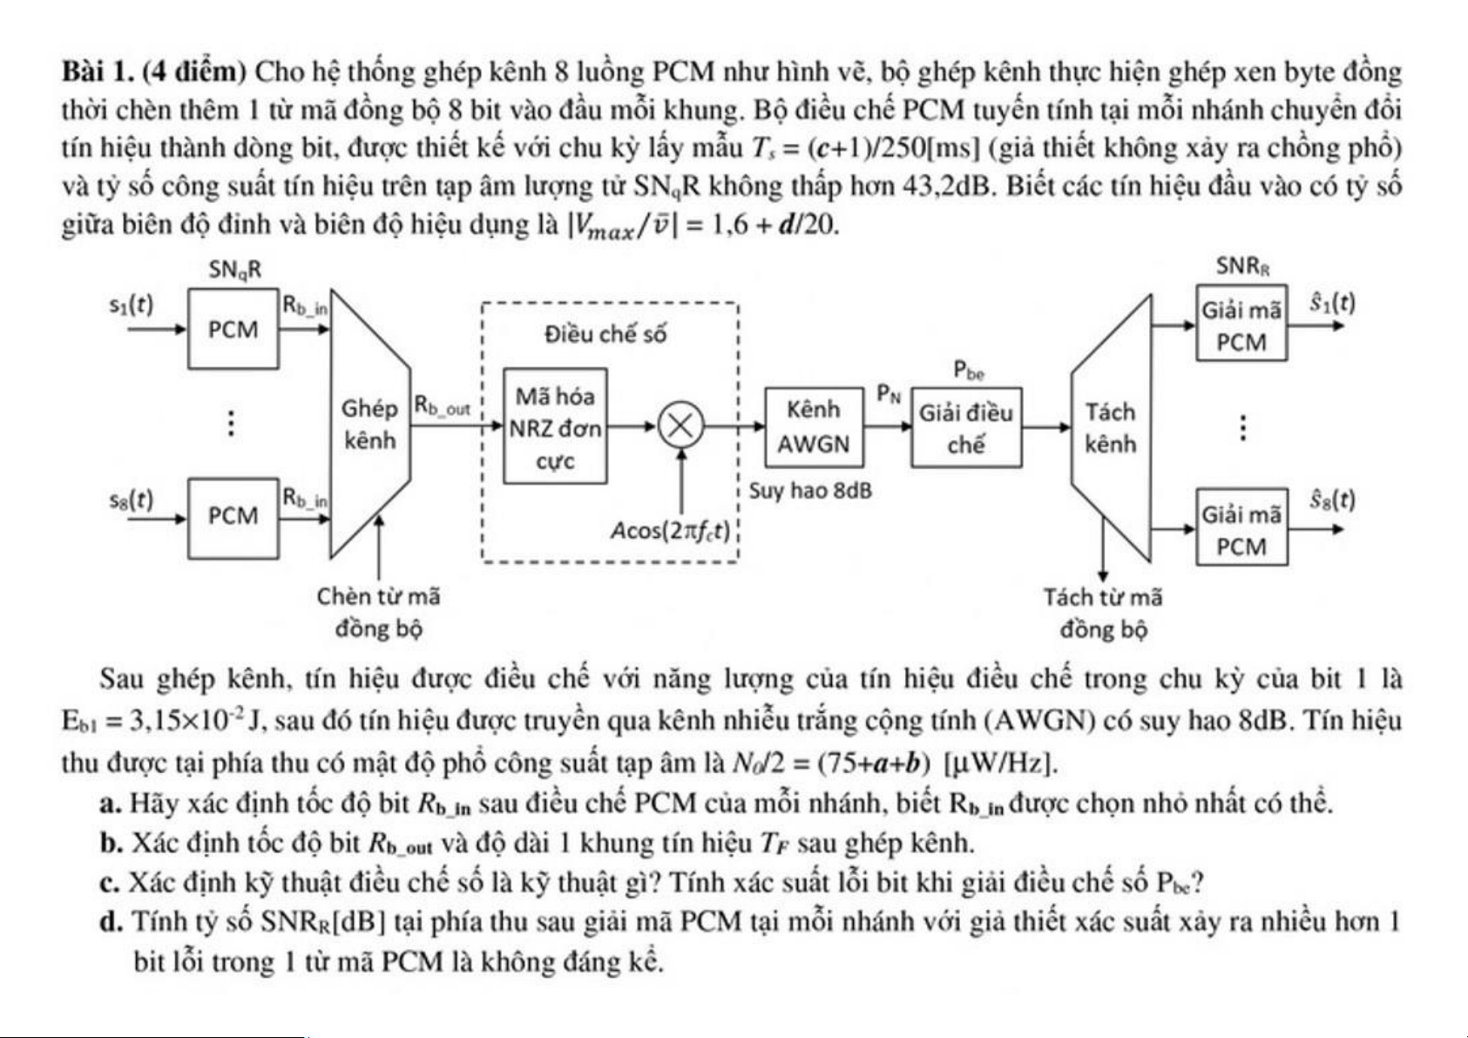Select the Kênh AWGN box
pyautogui.click(x=814, y=426)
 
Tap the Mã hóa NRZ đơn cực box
pyautogui.click(x=555, y=427)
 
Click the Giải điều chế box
pyautogui.click(x=966, y=428)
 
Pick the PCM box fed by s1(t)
pyautogui.click(x=233, y=329)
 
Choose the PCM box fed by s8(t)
pyautogui.click(x=233, y=516)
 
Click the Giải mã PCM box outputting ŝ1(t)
pyautogui.click(x=1241, y=326)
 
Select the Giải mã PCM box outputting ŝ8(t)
pyautogui.click(x=1241, y=529)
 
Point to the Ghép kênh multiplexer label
pyautogui.click(x=369, y=424)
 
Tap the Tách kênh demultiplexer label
pyautogui.click(x=1111, y=427)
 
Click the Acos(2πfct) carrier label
pyautogui.click(x=670, y=530)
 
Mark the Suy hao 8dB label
pyautogui.click(x=810, y=491)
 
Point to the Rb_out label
pyautogui.click(x=442, y=406)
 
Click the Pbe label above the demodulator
pyautogui.click(x=969, y=371)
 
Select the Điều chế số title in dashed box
pyautogui.click(x=605, y=334)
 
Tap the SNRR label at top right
pyautogui.click(x=1242, y=267)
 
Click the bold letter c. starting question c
pyautogui.click(x=110, y=882)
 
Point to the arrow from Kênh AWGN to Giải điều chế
pyautogui.click(x=887, y=426)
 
